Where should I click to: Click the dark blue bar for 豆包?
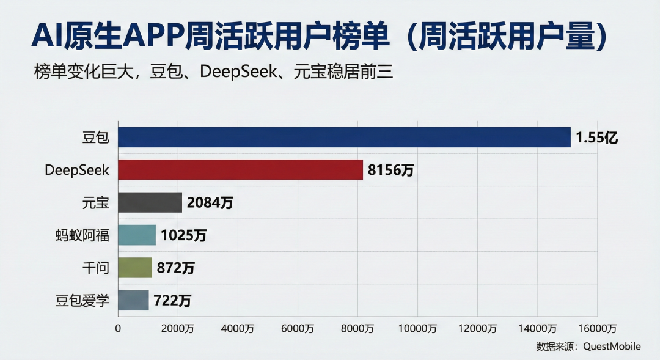point(343,138)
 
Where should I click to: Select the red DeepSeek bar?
point(240,170)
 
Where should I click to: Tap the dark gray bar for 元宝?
point(150,202)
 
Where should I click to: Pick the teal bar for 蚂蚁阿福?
point(136,235)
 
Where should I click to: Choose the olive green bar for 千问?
point(134,268)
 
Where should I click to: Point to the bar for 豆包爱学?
point(133,300)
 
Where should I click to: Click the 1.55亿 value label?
point(597,138)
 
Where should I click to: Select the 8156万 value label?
point(391,171)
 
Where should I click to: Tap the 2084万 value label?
point(210,203)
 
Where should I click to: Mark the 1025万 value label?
point(183,235)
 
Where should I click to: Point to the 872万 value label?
point(176,268)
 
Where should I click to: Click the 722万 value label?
point(172,300)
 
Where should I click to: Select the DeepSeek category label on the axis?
point(77,171)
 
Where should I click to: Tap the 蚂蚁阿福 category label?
point(82,235)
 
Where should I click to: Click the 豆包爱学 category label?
point(82,300)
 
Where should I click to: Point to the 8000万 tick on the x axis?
point(358,328)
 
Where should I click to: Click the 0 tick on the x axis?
point(118,328)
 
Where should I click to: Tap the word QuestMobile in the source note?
point(612,347)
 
